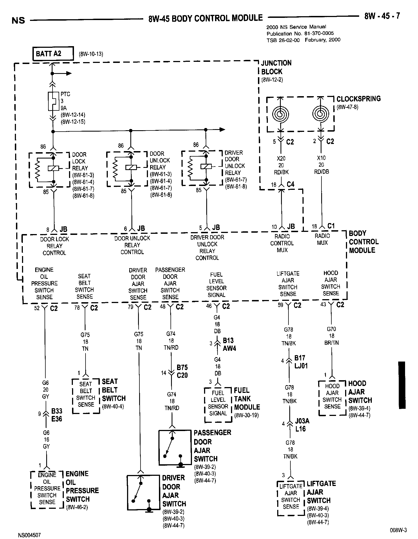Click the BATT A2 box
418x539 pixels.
[x=53, y=54]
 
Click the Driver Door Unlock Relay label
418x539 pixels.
[x=234, y=163]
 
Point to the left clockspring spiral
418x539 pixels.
[x=280, y=113]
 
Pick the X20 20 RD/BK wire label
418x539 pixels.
[x=281, y=165]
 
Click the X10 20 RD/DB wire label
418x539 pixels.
[x=321, y=165]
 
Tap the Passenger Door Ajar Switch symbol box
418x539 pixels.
[x=175, y=448]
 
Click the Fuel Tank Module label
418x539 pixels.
[x=246, y=399]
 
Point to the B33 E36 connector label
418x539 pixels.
[x=57, y=415]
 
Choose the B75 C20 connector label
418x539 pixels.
[x=182, y=371]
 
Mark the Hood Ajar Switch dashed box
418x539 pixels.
[x=332, y=398]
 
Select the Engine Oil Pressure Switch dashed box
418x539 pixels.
[x=47, y=489]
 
